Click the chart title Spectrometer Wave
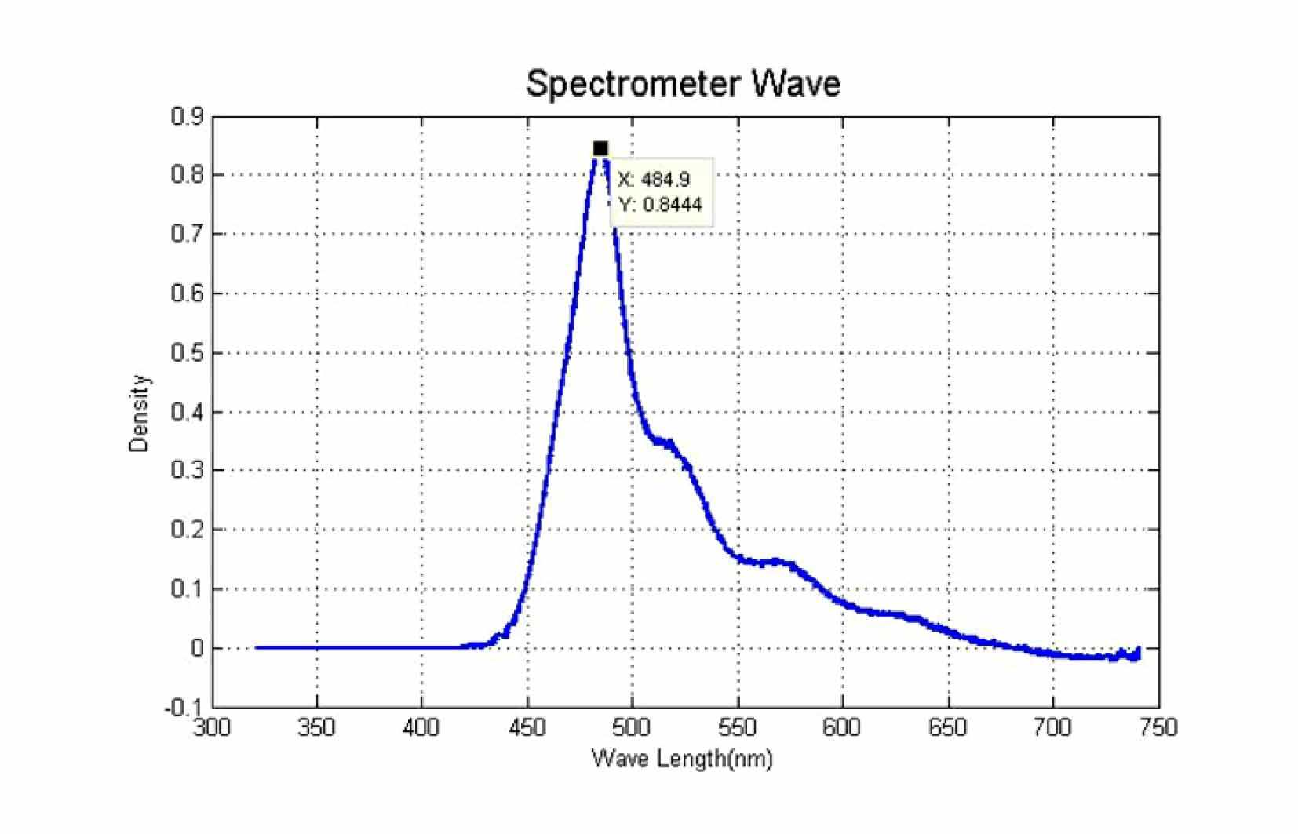coord(684,85)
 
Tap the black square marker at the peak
coord(600,149)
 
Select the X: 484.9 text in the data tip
coord(654,180)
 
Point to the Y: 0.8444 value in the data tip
coord(660,205)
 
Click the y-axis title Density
coord(139,413)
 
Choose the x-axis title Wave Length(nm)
coord(682,759)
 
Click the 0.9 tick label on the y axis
coord(188,116)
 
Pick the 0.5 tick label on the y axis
coord(188,353)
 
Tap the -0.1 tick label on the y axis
coord(184,708)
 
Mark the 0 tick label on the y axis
coord(197,648)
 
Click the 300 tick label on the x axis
coord(212,727)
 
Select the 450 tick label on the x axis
coord(527,727)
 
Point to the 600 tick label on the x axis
coord(842,727)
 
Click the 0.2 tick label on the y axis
coord(188,530)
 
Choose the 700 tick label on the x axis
coord(1053,727)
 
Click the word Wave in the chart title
coord(797,85)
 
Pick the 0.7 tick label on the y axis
coord(188,234)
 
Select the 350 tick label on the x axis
coord(316,727)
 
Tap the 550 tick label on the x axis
coord(738,727)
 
